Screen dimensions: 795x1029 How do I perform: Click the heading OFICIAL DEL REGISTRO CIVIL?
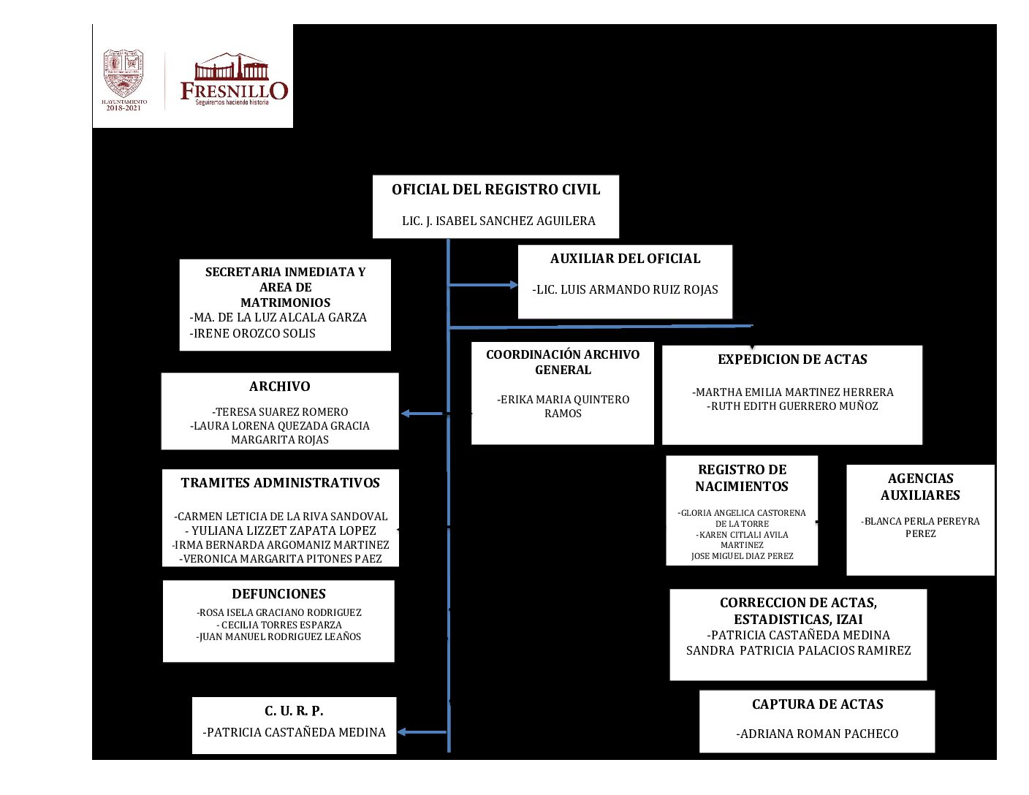coord(495,190)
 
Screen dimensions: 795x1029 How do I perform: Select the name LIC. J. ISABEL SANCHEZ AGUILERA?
coord(498,221)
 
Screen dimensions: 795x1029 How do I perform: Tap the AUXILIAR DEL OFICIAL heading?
coord(625,259)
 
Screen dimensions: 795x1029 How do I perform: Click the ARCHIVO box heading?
coord(279,387)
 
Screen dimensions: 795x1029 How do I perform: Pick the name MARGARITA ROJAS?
coord(280,440)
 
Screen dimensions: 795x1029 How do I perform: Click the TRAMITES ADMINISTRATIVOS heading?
coord(281,483)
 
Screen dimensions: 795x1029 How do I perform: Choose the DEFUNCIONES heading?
coord(278,594)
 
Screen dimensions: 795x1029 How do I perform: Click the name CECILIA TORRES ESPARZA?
coord(281,625)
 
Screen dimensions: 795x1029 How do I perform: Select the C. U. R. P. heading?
coord(294,711)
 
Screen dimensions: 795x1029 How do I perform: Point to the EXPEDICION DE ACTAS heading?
coord(792,360)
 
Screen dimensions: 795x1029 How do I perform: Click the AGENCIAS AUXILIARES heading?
coord(920,487)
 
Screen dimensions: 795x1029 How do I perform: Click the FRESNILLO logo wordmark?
coord(234,91)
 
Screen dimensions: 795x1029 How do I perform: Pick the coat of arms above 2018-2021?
coord(124,73)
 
